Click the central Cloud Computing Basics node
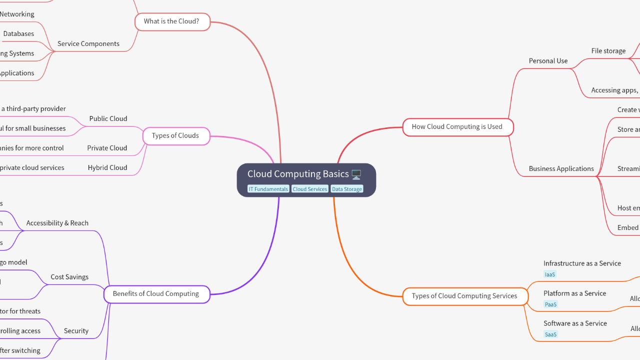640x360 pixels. pos(298,174)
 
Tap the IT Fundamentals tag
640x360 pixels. pos(268,189)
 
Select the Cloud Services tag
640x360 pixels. pos(310,189)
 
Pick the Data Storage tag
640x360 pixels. pos(347,189)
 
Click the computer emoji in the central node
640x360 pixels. pos(356,174)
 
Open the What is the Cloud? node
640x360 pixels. pos(172,21)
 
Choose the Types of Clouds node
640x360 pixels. pos(175,136)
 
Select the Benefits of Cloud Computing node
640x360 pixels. pos(156,294)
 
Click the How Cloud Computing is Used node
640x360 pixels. pos(457,127)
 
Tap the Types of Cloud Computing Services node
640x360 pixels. pos(464,296)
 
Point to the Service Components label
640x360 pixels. pos(88,44)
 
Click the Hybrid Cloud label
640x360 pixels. pos(107,168)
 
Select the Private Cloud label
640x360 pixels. pos(107,148)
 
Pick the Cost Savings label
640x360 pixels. pos(69,277)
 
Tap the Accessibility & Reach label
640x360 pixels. pos(57,223)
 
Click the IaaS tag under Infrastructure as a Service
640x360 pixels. pos(550,274)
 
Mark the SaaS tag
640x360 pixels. pos(550,334)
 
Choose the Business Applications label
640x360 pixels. pos(561,169)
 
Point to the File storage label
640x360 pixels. pos(608,51)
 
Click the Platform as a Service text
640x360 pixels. pos(575,293)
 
